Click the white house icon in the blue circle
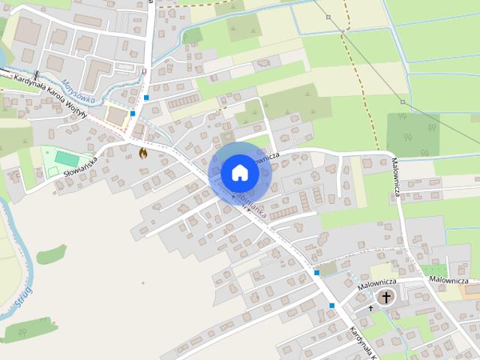coord(239,172)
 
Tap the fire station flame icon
coord(142,152)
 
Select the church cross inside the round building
coord(386,297)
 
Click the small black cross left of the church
coord(370,307)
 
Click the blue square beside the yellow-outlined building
coord(133,114)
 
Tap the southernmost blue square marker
coord(331,305)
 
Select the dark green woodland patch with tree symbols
coord(412,135)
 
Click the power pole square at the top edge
coord(328,16)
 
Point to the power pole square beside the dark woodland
coord(403,101)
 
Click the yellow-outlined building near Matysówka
coord(115,115)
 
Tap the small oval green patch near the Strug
coord(51,255)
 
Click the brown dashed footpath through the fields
coord(363,82)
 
